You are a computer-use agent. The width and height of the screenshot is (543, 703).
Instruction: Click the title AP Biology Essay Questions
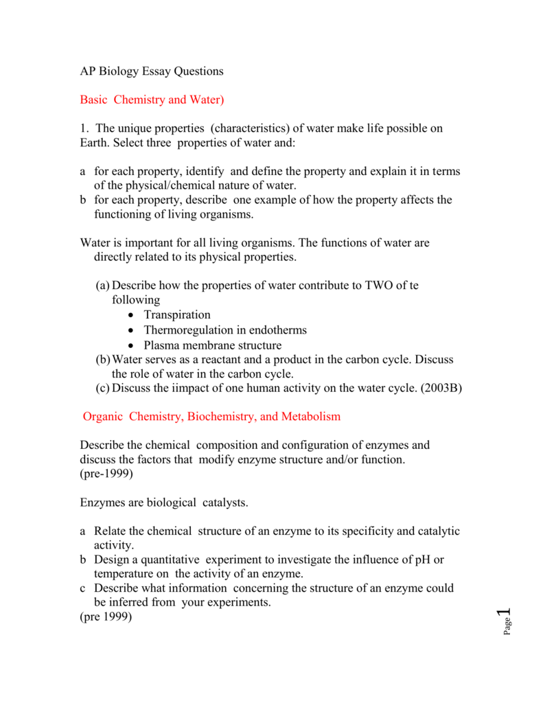tap(152, 71)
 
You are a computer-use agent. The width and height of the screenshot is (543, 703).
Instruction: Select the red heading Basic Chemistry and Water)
tap(152, 100)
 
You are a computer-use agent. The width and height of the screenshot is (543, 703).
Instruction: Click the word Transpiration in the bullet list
tap(177, 314)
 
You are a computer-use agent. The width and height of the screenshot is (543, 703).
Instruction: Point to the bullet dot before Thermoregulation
tap(131, 330)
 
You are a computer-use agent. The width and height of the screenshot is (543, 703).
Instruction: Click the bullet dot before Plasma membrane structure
tap(131, 345)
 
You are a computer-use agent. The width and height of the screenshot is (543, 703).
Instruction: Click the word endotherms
tap(273, 330)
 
